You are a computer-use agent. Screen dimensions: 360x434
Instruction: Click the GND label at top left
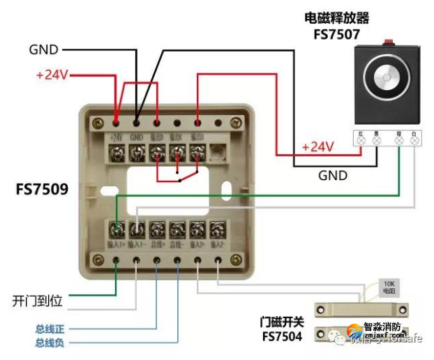click(x=43, y=50)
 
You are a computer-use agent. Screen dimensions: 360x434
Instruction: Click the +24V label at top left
click(x=52, y=74)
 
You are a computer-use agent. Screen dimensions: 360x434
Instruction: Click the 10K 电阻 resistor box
click(x=389, y=287)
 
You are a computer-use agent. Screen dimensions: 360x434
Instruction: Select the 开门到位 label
click(x=38, y=301)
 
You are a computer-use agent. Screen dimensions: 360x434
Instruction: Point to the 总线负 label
click(x=50, y=342)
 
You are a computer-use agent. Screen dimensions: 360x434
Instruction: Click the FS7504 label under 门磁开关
click(x=282, y=336)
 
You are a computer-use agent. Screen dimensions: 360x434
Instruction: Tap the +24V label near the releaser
click(x=317, y=147)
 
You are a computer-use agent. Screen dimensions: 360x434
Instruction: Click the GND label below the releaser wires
click(x=333, y=175)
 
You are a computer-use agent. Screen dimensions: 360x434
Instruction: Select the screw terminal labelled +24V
click(x=117, y=151)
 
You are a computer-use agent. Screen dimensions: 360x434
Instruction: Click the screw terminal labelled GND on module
click(x=137, y=151)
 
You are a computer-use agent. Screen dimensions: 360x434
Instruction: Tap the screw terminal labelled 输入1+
click(x=118, y=229)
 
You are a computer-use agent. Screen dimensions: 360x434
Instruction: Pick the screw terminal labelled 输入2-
click(x=218, y=229)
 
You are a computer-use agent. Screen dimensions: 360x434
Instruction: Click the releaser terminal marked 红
click(x=361, y=140)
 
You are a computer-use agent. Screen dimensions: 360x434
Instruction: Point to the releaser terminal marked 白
click(x=415, y=140)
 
